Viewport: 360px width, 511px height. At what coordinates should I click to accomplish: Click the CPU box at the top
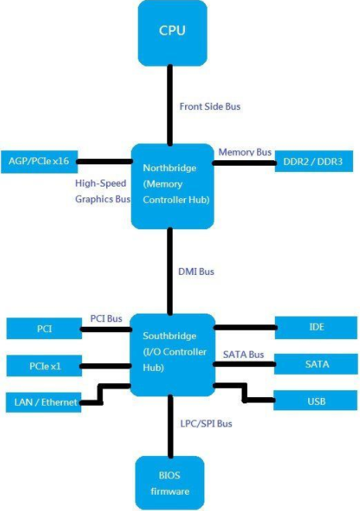[172, 33]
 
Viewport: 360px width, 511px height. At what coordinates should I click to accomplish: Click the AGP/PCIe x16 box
[39, 161]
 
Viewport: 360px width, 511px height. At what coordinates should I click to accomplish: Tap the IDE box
[316, 328]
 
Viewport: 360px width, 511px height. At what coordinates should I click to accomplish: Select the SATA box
[316, 364]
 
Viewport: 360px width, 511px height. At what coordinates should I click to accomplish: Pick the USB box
[316, 401]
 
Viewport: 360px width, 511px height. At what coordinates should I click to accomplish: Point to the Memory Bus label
[243, 152]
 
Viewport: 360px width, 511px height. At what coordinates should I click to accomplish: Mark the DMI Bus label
[195, 271]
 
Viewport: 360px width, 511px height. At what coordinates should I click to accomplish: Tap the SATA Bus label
[244, 354]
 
